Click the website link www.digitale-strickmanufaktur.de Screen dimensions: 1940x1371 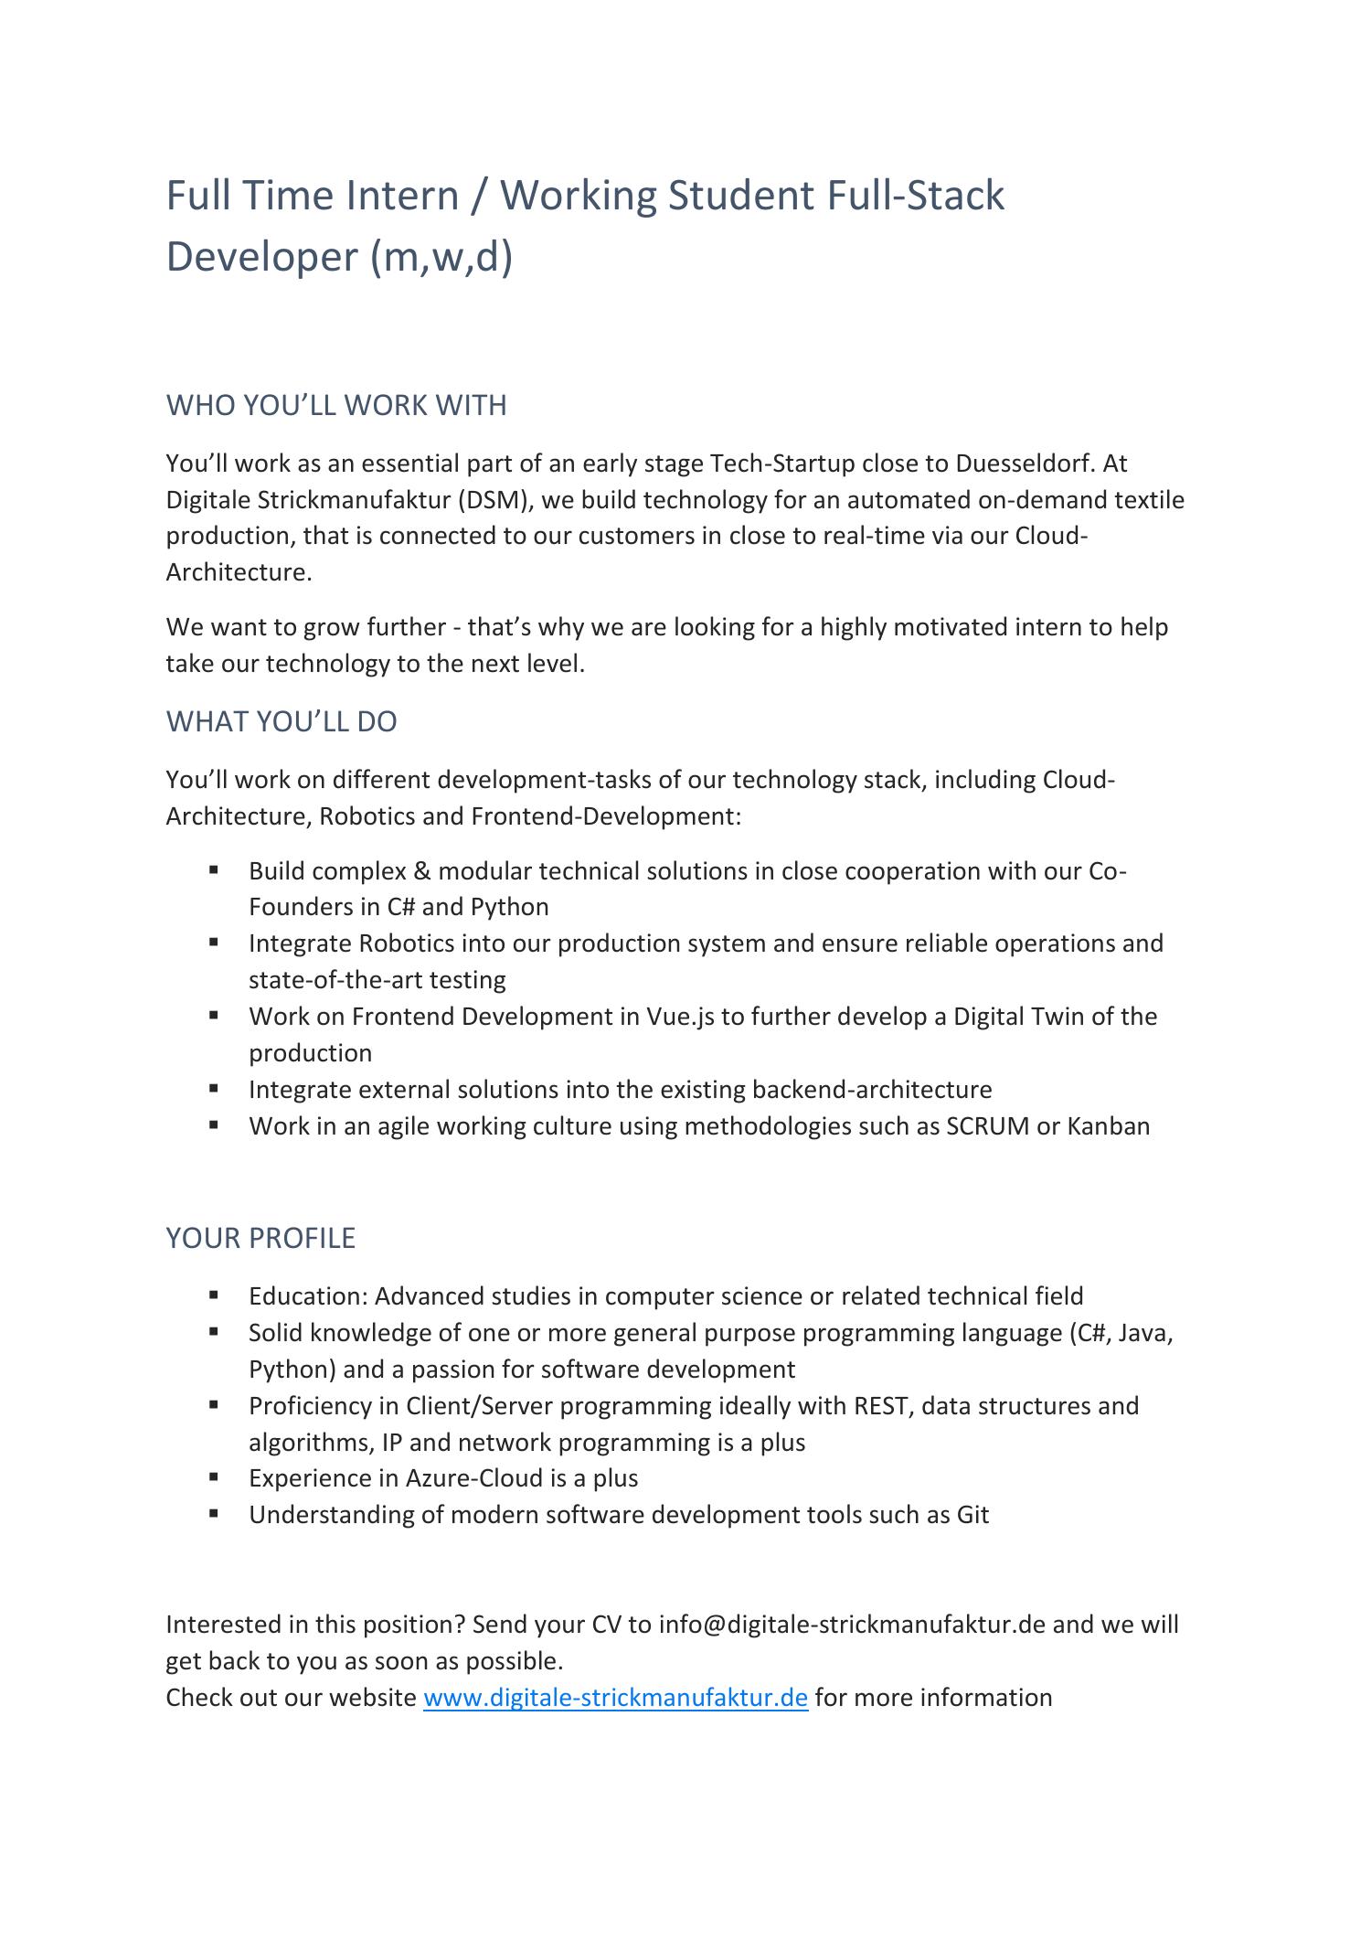[x=615, y=1698]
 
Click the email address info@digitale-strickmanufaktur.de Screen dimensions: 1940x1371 [x=851, y=1625]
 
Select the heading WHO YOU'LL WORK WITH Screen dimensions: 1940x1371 [x=335, y=405]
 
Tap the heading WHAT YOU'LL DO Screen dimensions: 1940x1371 [x=281, y=721]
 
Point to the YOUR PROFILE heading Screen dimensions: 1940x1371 [x=260, y=1238]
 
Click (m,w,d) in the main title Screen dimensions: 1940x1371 [x=441, y=256]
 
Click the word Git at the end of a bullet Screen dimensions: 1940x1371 [x=972, y=1515]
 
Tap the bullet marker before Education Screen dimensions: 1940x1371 [x=214, y=1295]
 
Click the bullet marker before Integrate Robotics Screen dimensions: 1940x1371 [x=214, y=942]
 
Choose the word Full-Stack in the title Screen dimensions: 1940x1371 [x=915, y=196]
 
